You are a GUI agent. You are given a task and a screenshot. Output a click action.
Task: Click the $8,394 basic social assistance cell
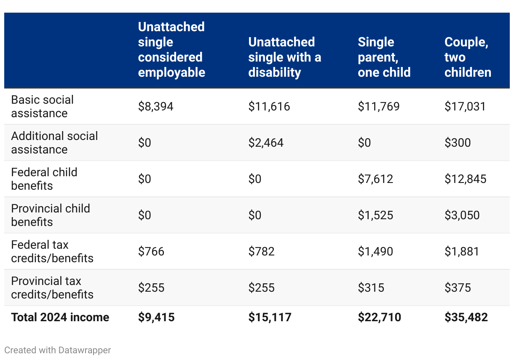155,107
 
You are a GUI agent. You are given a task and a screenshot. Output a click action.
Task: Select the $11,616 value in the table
269,107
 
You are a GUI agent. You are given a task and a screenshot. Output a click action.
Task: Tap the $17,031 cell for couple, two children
465,107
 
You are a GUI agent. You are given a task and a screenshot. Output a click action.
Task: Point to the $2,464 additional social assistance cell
266,142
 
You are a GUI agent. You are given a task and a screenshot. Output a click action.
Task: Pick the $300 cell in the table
458,142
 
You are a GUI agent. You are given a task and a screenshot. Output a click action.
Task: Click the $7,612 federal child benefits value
375,179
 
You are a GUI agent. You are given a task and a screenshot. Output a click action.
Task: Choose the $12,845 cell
466,179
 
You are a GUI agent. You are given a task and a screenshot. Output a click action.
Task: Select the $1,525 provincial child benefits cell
375,215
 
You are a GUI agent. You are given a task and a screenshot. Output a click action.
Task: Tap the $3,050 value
462,215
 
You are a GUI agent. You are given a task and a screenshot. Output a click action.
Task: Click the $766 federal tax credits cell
151,251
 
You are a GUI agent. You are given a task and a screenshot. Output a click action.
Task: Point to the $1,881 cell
462,251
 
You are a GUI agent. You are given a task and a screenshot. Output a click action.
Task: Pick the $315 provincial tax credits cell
371,287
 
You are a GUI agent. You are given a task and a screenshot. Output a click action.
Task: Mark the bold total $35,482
466,317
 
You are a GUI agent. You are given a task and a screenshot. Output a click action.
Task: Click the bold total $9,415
156,317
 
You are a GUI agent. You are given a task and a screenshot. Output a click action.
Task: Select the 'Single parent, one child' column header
384,57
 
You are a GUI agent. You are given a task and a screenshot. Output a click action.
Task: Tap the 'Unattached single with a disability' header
284,57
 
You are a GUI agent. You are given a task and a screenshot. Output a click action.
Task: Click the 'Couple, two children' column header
468,57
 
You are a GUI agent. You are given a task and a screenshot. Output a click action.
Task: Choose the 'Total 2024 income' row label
60,317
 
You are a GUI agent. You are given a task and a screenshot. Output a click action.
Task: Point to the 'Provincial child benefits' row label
51,215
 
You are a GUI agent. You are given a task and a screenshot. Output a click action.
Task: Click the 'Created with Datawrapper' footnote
57,350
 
